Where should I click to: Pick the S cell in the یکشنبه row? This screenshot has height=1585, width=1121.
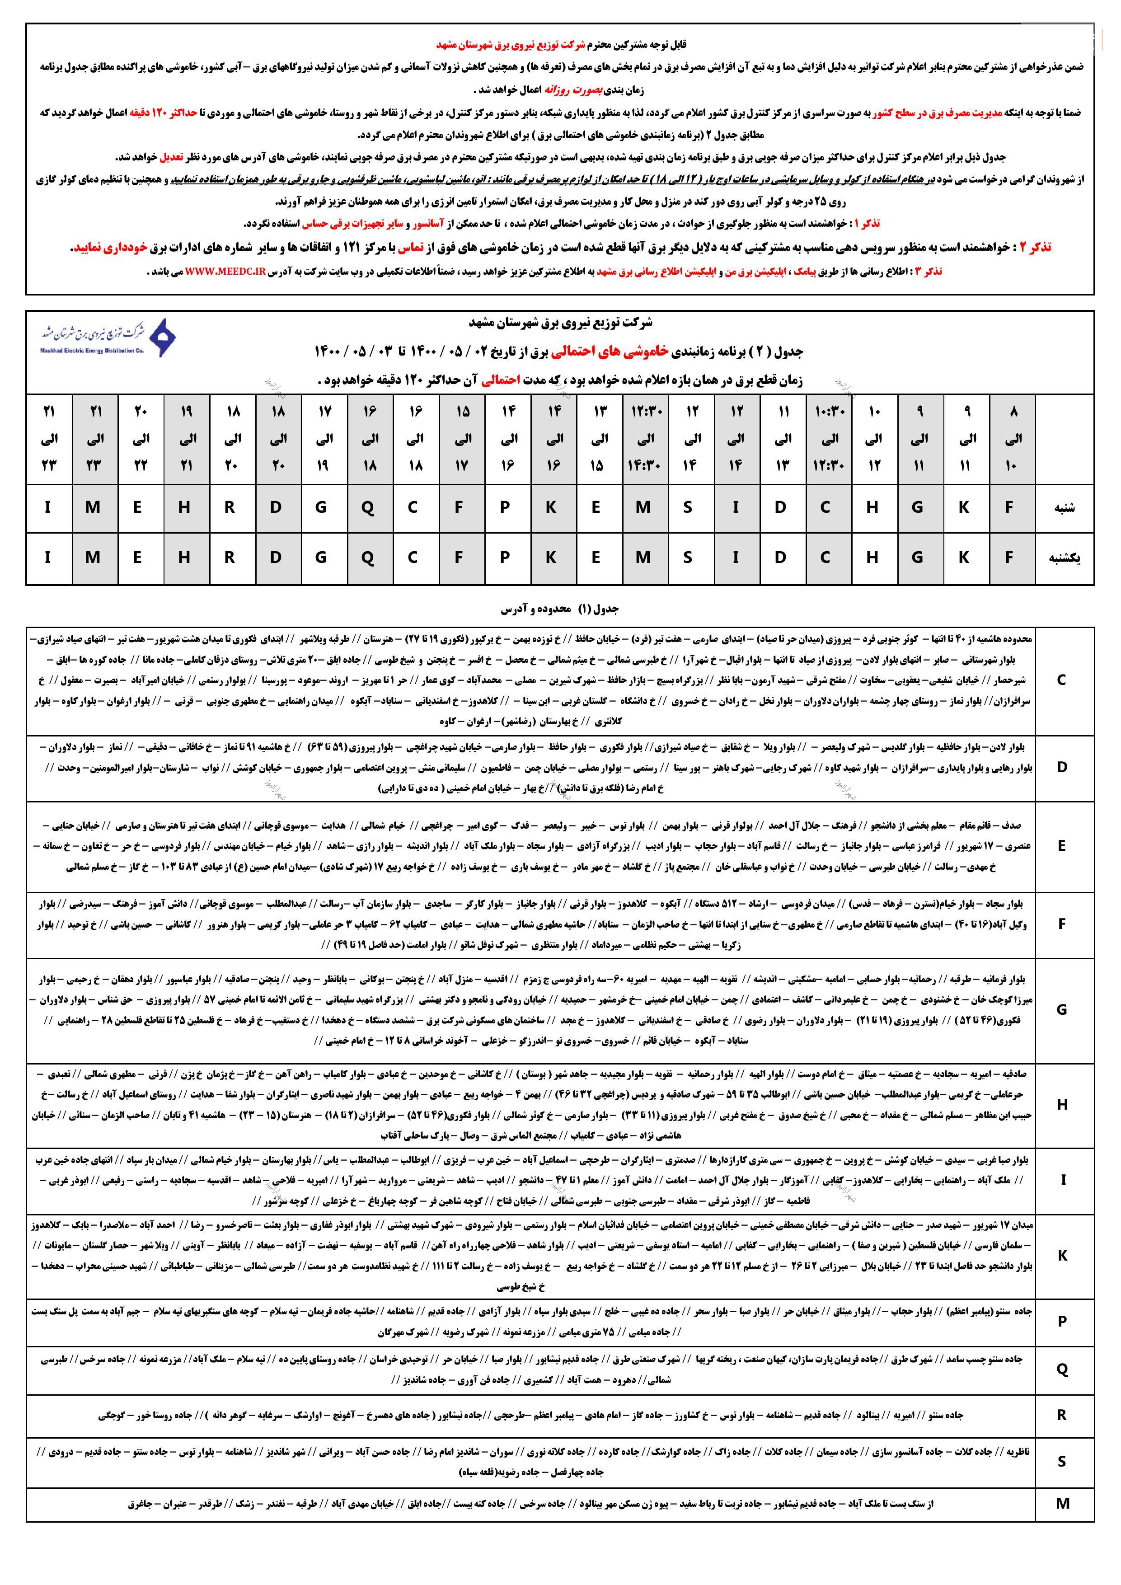[688, 558]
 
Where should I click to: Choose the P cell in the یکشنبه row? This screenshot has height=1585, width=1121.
[505, 558]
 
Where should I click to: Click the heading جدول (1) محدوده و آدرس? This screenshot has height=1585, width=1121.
[560, 609]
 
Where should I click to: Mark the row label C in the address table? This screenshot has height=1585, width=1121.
[1062, 680]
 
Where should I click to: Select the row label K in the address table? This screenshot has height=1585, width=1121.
[1062, 1256]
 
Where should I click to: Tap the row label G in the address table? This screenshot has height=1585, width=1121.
[1062, 1010]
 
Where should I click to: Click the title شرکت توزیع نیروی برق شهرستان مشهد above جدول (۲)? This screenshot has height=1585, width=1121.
[560, 323]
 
